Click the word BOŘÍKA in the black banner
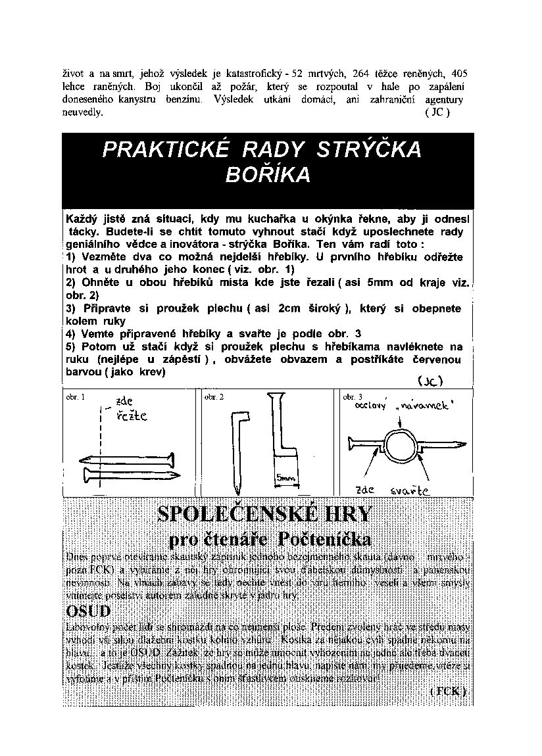click(x=268, y=176)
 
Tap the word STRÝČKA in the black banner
click(x=370, y=151)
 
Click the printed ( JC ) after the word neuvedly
click(x=437, y=113)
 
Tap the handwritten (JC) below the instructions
click(x=431, y=381)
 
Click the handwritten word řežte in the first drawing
click(x=132, y=416)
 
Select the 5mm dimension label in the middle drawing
click(x=285, y=478)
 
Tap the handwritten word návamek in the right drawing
click(x=424, y=406)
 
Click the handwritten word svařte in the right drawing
click(x=409, y=490)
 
